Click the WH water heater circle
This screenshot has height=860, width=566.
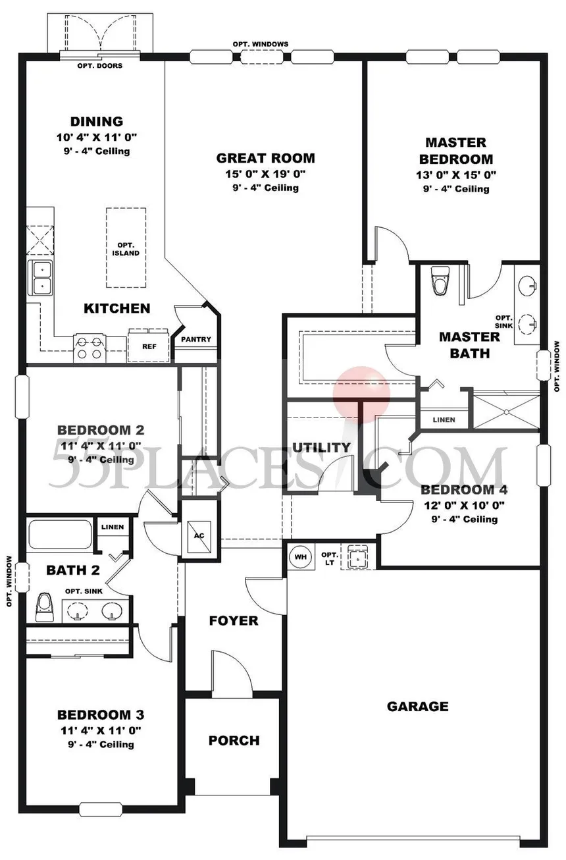pyautogui.click(x=301, y=556)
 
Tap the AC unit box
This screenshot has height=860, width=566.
pyautogui.click(x=199, y=536)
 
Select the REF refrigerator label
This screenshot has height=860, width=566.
pyautogui.click(x=149, y=346)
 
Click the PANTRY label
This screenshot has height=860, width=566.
pyautogui.click(x=196, y=339)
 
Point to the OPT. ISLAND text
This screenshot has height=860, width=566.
pyautogui.click(x=126, y=249)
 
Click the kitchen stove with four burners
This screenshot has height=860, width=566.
pyautogui.click(x=89, y=348)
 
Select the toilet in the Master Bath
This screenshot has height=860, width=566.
pyautogui.click(x=440, y=281)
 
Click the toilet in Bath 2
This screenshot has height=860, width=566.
pyautogui.click(x=43, y=607)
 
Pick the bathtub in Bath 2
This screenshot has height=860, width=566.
pyautogui.click(x=60, y=535)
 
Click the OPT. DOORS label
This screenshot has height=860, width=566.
pyautogui.click(x=100, y=66)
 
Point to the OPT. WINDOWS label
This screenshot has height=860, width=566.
pyautogui.click(x=261, y=44)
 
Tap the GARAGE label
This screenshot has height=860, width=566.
pyautogui.click(x=417, y=707)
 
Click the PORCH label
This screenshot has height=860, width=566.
pyautogui.click(x=234, y=740)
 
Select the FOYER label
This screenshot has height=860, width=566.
pyautogui.click(x=234, y=620)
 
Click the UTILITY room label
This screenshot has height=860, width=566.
pyautogui.click(x=322, y=447)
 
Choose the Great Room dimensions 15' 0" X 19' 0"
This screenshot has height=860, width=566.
pyautogui.click(x=265, y=174)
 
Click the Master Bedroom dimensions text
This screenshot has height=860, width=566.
pyautogui.click(x=456, y=175)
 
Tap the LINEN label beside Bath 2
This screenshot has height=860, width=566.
pyautogui.click(x=113, y=527)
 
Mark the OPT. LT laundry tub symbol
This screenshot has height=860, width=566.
pyautogui.click(x=358, y=557)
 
